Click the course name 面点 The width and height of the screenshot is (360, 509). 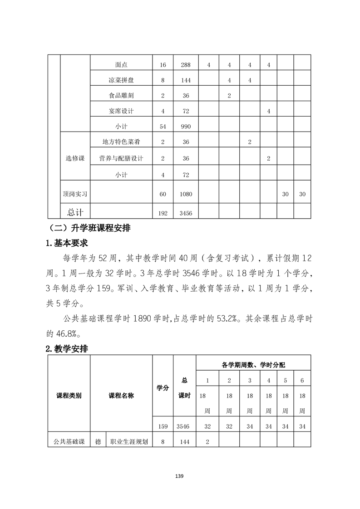coord(121,65)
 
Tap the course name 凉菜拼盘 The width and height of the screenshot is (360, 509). coord(121,80)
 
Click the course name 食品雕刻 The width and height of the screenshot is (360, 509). coord(121,96)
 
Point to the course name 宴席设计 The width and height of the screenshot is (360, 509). coord(121,111)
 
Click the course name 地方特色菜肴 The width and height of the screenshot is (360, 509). coord(121,142)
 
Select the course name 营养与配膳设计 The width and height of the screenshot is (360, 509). coord(121,158)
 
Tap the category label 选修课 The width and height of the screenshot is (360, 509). coord(75,158)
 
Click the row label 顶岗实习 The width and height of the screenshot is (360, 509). coord(75,194)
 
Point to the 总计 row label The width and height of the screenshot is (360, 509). coord(75,211)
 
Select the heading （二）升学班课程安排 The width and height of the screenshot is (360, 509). coord(91,227)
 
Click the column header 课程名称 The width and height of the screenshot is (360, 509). coord(121,395)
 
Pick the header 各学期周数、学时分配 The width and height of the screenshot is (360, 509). coord(253,364)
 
